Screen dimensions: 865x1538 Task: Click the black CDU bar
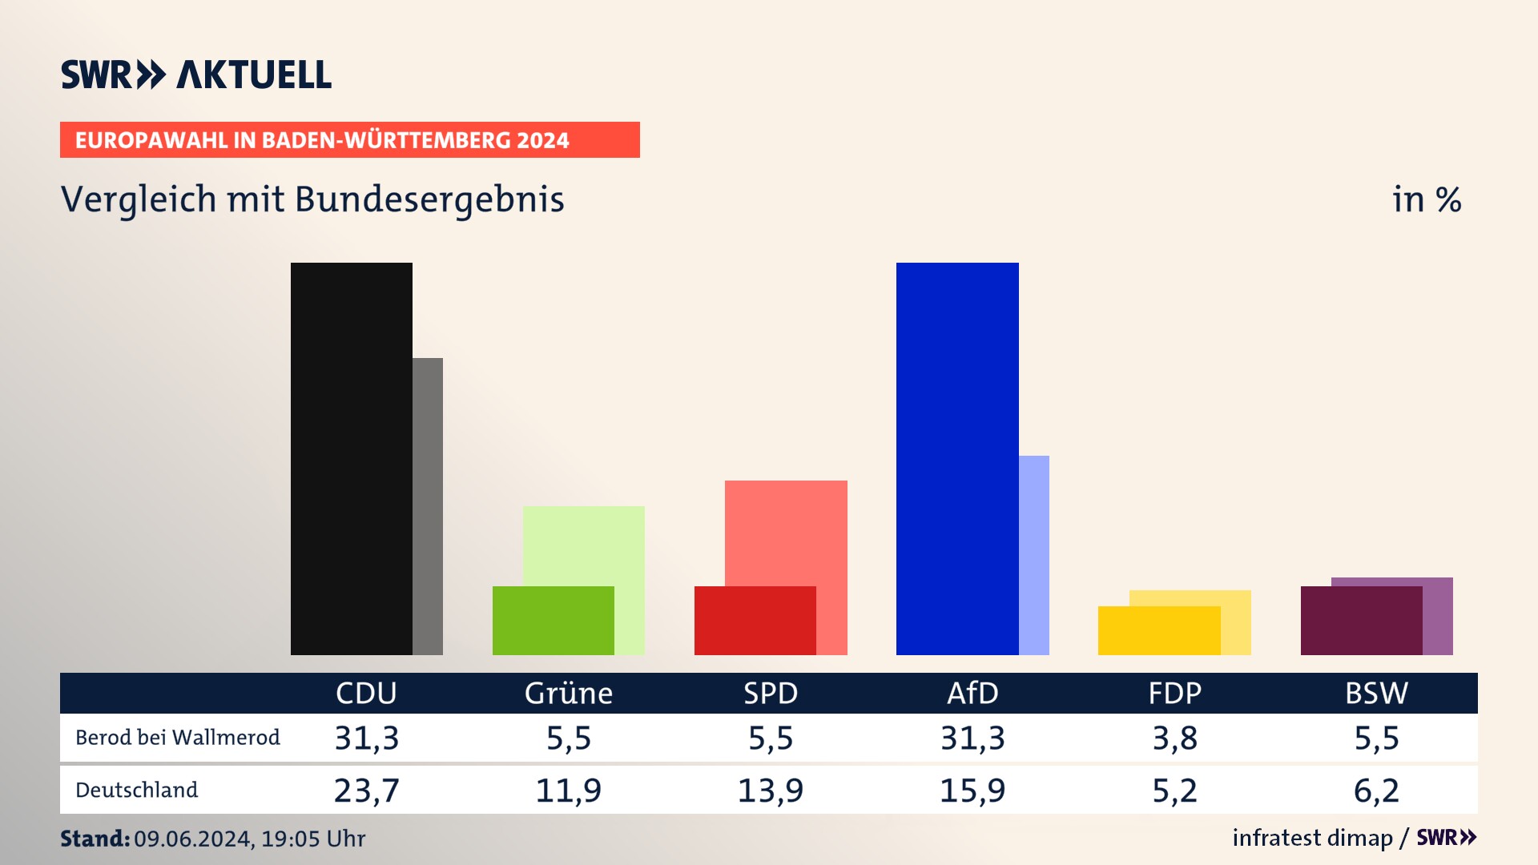351,458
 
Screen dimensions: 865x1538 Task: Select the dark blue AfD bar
957,458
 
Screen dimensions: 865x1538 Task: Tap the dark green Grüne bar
553,621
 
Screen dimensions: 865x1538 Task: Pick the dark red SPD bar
755,621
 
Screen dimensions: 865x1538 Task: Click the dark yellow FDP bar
1158,631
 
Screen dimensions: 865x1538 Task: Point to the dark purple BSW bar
1361,621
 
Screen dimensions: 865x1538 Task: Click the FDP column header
1174,694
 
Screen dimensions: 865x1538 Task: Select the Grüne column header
569,694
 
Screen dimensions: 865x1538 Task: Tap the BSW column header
1376,694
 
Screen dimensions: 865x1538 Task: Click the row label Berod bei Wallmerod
178,738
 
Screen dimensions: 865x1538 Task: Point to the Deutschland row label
137,791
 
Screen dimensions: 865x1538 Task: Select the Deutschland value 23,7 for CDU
366,791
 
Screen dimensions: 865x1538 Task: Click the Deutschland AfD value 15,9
972,791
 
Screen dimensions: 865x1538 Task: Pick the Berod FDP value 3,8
1174,738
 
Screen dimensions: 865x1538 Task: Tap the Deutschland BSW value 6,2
1376,791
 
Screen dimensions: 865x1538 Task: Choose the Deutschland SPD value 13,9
771,791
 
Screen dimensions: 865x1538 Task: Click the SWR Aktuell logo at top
196,74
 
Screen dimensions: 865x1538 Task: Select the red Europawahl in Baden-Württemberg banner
349,140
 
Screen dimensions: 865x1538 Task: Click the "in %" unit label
1427,200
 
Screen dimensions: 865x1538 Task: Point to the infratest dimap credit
1312,838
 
